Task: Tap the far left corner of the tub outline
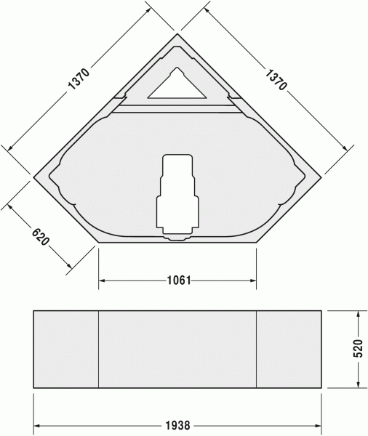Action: click(x=33, y=174)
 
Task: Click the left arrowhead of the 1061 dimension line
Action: click(x=101, y=280)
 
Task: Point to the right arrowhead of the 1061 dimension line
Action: click(x=254, y=280)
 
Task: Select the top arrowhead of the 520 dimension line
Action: click(x=359, y=313)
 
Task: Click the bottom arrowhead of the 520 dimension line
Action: click(x=359, y=385)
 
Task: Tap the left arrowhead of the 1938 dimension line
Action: click(x=36, y=426)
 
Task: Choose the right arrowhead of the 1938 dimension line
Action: click(x=319, y=426)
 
